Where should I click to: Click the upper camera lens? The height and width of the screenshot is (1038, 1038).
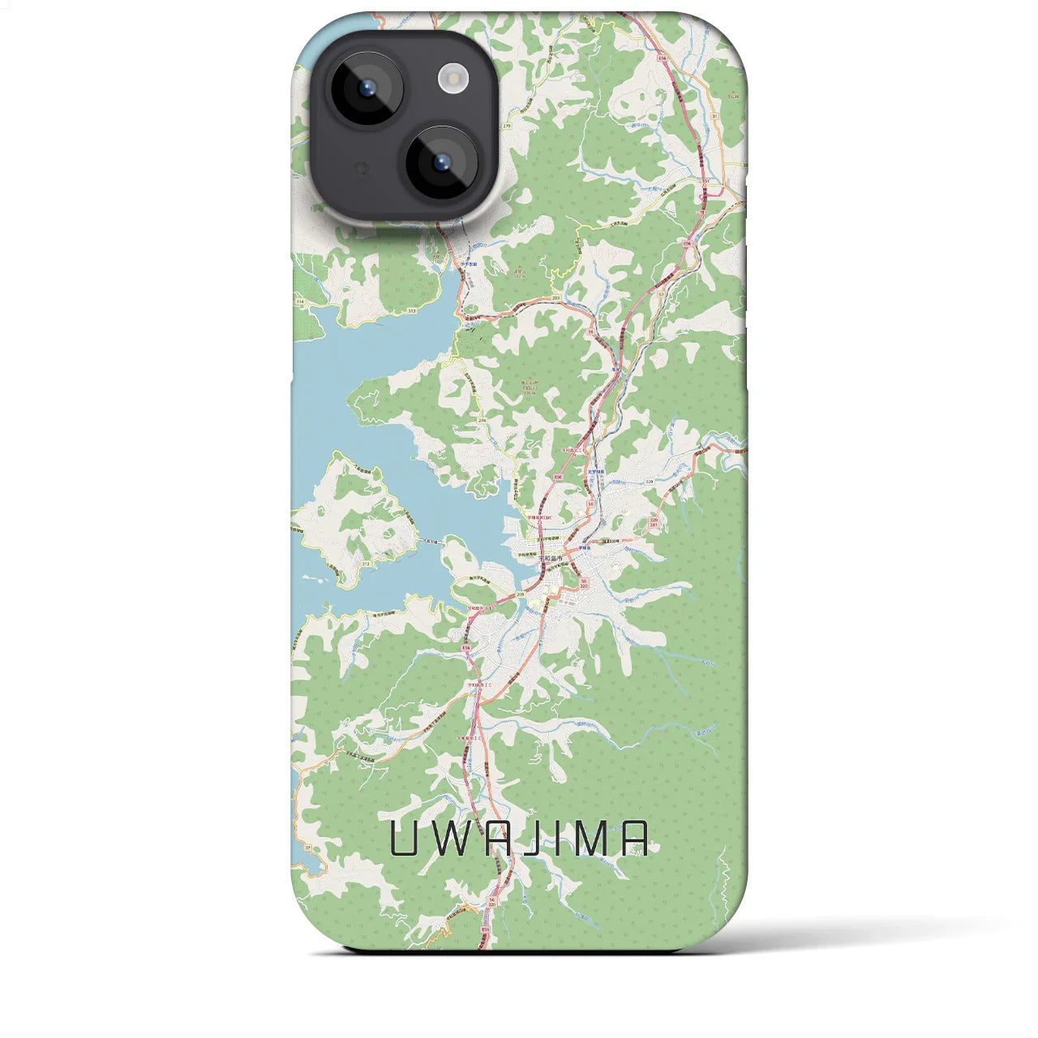coord(367,88)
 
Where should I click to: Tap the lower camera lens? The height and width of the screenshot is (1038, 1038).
coord(442,162)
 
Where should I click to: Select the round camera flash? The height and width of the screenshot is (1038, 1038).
coord(453,78)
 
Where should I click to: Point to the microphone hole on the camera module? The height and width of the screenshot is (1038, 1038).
coord(362,169)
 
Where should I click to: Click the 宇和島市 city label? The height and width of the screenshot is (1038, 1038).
coord(551,558)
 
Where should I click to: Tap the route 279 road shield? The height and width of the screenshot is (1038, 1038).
coord(507,127)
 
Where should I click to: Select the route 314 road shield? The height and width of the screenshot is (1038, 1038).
coord(300,302)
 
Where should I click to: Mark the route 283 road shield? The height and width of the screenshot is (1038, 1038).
coord(555,299)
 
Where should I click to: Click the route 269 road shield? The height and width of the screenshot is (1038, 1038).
coord(518,594)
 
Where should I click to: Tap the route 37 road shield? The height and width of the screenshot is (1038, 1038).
coord(307,848)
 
